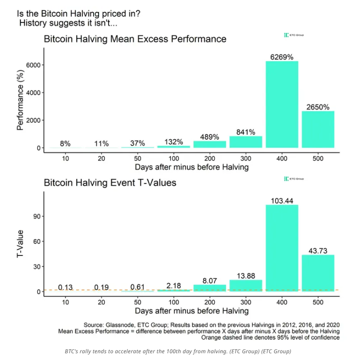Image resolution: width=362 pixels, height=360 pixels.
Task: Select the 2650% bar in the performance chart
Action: pos(318,129)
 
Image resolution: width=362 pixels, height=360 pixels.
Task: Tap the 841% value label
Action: pos(246,132)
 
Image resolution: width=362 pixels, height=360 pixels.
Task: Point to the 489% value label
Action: pos(209,137)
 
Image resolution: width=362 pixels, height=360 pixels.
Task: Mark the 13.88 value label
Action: pos(246,275)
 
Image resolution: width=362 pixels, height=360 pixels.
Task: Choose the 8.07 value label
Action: pos(209,280)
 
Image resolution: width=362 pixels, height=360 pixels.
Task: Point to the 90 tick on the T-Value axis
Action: pos(38,216)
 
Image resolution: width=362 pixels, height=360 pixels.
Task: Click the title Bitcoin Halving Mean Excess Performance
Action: pos(135,39)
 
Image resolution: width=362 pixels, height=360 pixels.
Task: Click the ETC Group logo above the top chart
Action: pos(294,35)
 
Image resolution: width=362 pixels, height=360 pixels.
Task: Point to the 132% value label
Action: pos(173,142)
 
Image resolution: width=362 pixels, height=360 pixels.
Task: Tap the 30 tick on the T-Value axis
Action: pos(38,267)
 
